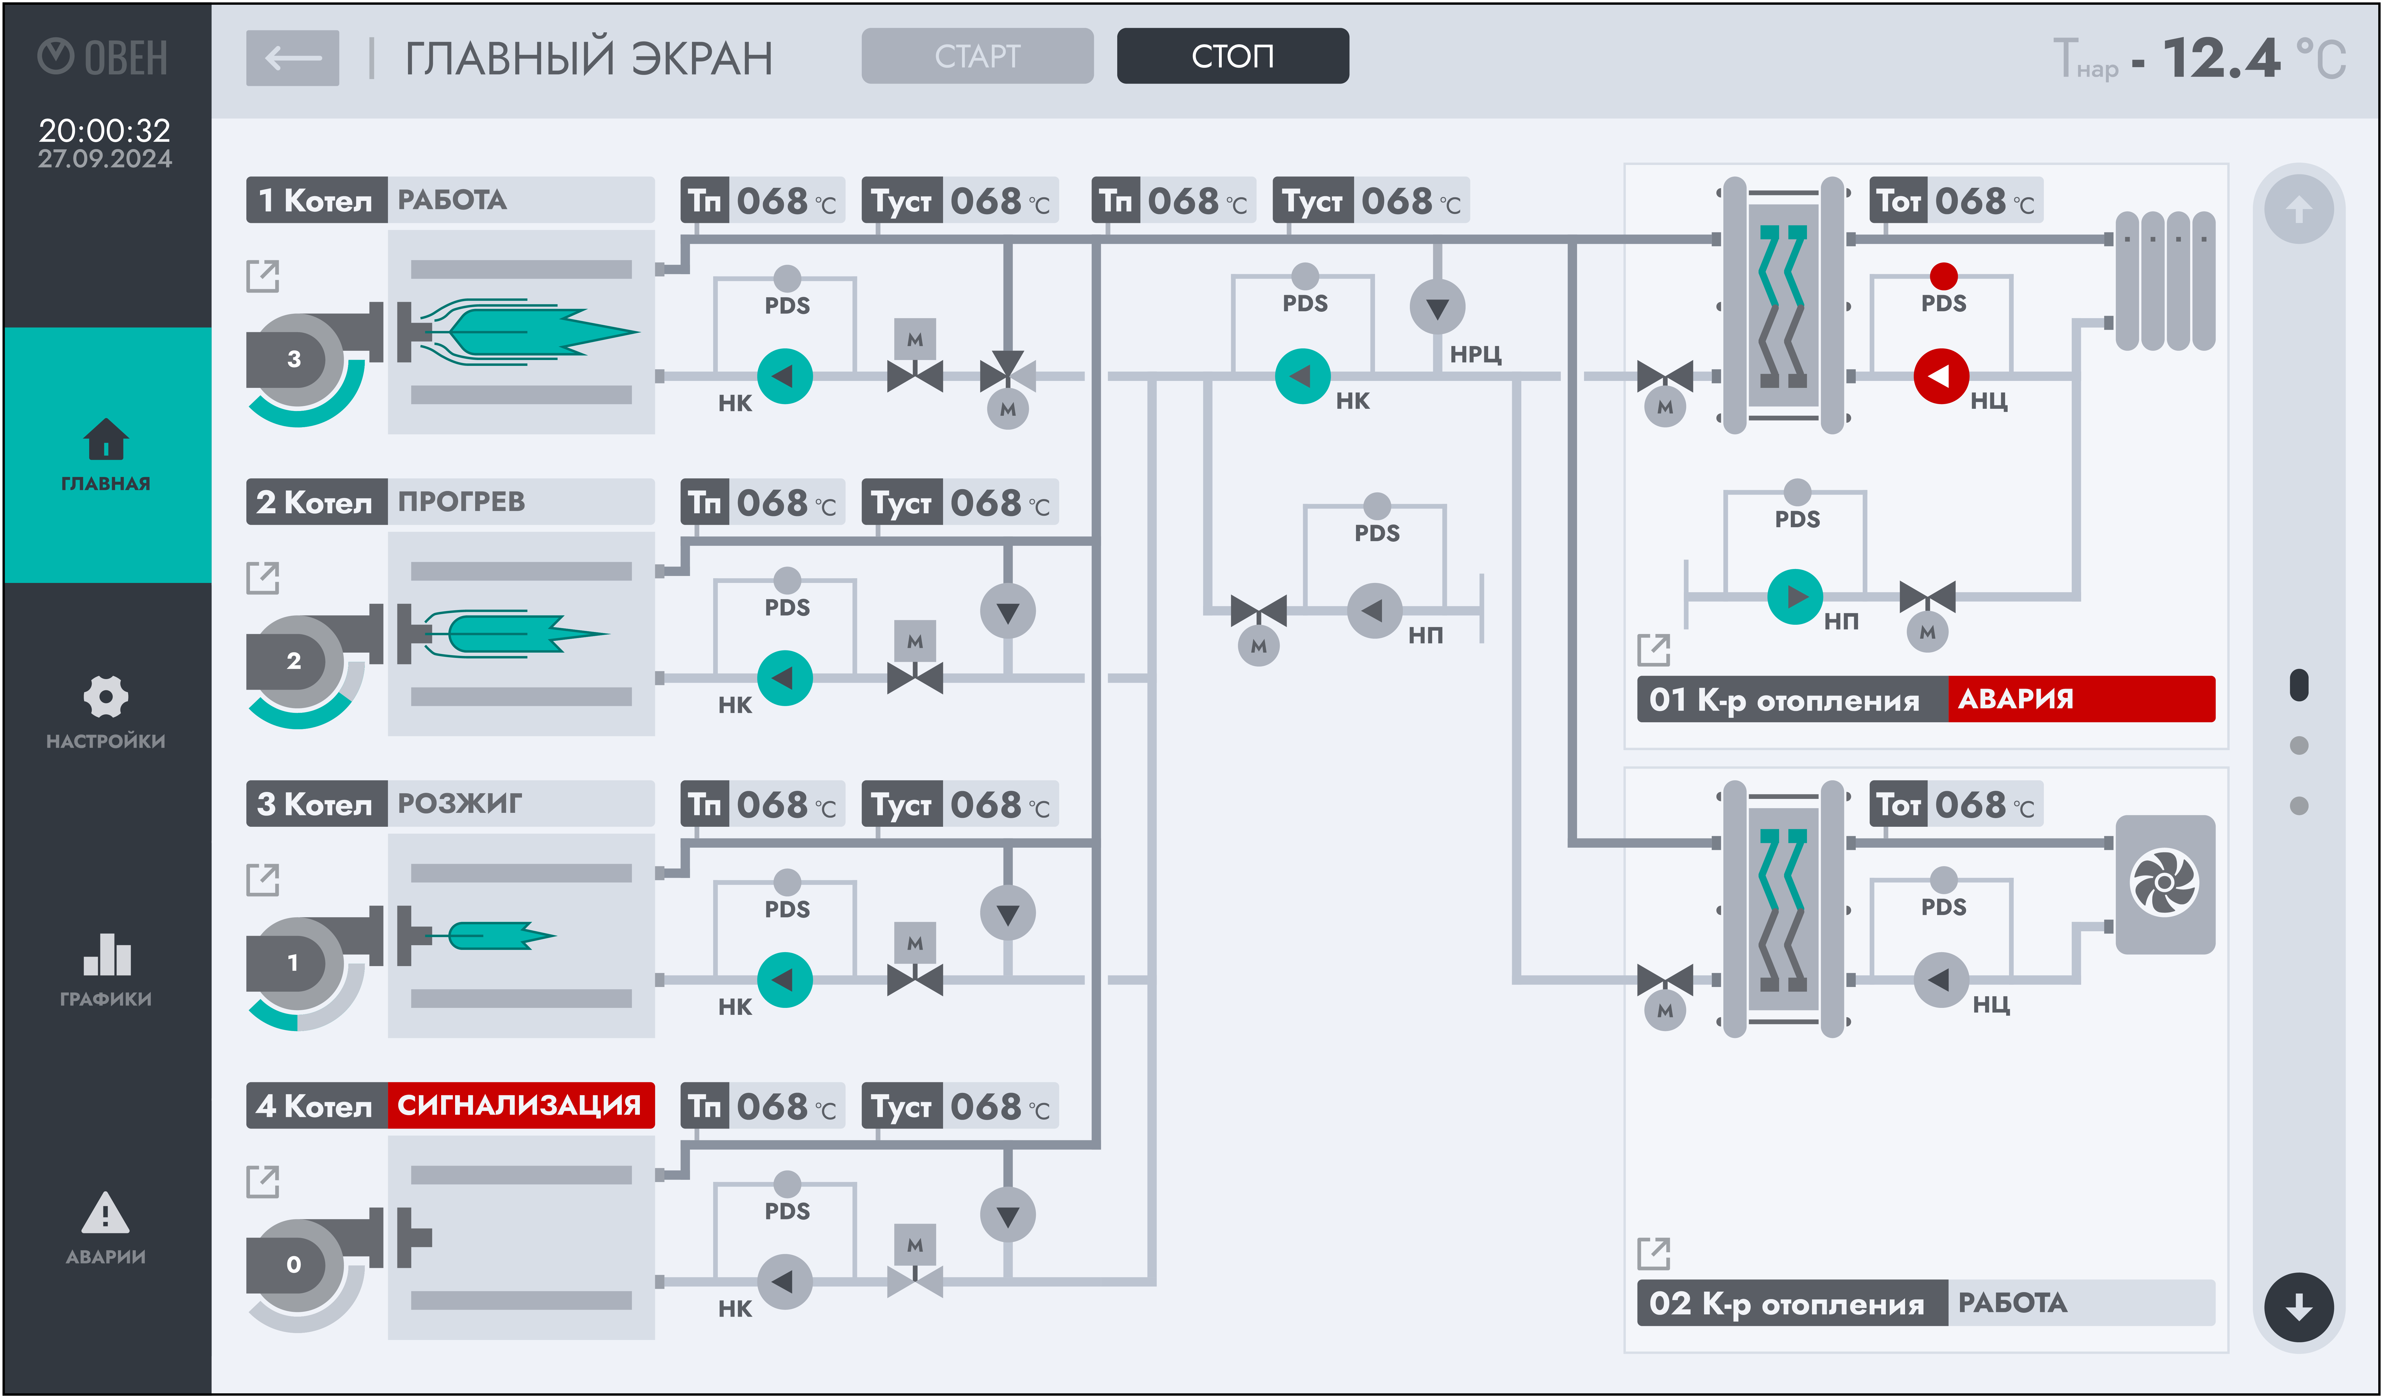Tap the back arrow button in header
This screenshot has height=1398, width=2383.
point(292,58)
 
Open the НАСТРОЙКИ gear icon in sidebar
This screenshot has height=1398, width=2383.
point(105,697)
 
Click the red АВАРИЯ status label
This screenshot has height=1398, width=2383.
point(2080,699)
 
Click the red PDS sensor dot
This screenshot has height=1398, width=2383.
point(1943,275)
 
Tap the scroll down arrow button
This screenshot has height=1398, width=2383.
point(2299,1307)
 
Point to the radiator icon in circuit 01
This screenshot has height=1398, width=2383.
point(2165,281)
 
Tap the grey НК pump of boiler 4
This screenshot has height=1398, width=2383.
point(784,1282)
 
